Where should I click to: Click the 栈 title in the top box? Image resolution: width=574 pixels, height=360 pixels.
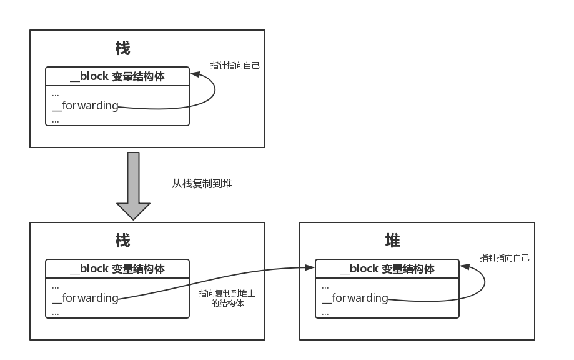coord(123,48)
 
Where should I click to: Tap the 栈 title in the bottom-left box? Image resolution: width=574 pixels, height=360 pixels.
coord(123,241)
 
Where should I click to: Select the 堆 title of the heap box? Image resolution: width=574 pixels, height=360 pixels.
coord(393,241)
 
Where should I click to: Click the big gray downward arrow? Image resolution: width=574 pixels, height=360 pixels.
coord(133,186)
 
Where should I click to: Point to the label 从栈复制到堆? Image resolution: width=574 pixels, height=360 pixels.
coord(202,184)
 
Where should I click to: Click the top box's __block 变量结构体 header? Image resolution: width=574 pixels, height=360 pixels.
coord(117,76)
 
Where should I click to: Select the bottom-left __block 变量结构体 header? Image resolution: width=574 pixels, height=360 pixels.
coord(117,269)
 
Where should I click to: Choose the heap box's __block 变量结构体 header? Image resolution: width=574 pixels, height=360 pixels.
coord(387,269)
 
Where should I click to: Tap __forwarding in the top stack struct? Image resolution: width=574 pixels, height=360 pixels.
coord(85,106)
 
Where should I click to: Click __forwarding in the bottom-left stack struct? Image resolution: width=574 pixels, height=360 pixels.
coord(85,298)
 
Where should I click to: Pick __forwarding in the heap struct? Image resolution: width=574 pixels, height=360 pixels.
coord(355,298)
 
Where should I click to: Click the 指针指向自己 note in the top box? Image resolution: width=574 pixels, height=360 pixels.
coord(235,65)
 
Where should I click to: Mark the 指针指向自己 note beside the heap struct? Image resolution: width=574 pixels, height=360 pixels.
coord(505,257)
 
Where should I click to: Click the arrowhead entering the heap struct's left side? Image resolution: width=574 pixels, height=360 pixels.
coord(310,267)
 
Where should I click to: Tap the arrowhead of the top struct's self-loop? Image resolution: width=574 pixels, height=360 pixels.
coord(194,74)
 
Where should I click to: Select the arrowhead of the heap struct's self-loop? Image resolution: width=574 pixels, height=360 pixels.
coord(464,267)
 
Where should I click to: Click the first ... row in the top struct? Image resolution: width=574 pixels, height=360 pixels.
coord(56,94)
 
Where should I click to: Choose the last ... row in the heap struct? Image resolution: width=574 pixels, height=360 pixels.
coord(325,311)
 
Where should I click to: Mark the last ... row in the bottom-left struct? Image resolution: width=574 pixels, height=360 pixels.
coord(56,311)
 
